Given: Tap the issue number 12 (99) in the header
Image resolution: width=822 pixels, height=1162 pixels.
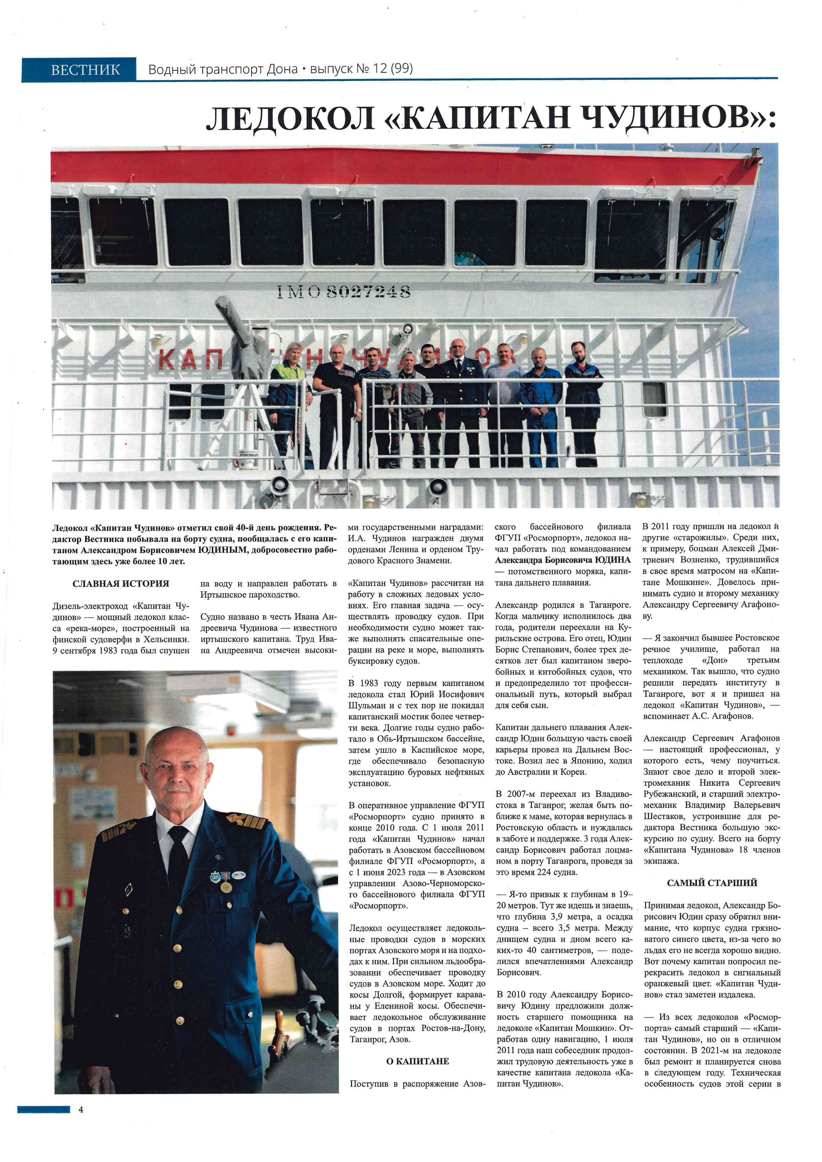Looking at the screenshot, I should [x=392, y=68].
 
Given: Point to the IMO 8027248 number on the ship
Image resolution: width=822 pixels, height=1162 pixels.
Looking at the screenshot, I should [x=344, y=291].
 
